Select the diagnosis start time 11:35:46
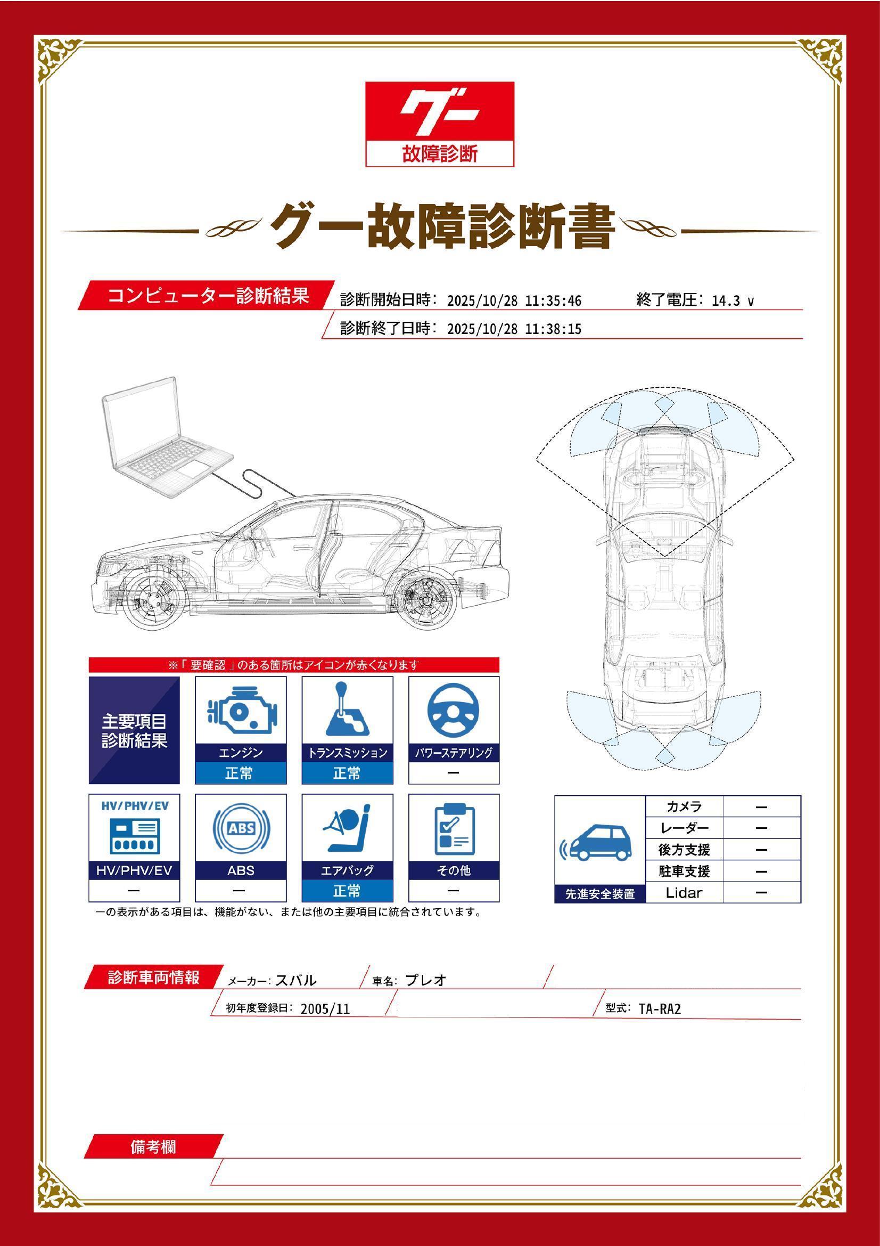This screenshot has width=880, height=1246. pyautogui.click(x=553, y=301)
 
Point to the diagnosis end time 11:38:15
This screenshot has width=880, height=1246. pyautogui.click(x=553, y=329)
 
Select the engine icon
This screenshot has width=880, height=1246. pyautogui.click(x=240, y=710)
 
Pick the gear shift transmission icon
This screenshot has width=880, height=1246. pyautogui.click(x=347, y=710)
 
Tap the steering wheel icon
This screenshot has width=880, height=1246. pyautogui.click(x=453, y=710)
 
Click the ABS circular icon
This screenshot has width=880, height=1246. pyautogui.click(x=240, y=828)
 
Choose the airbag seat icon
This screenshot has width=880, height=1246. pyautogui.click(x=347, y=828)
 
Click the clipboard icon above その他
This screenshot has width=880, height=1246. pyautogui.click(x=454, y=828)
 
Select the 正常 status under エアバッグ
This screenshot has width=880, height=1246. pyautogui.click(x=347, y=891)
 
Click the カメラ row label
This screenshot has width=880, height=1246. pyautogui.click(x=684, y=807)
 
